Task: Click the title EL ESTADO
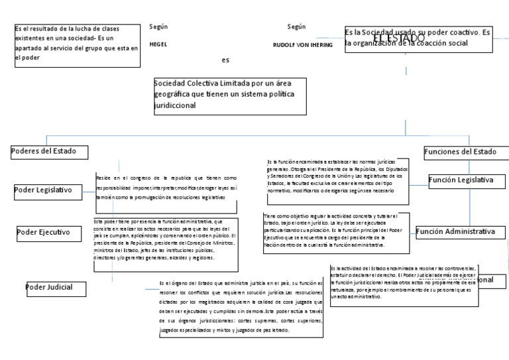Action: point(398,39)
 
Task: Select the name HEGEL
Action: point(159,43)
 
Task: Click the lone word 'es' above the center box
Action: point(226,60)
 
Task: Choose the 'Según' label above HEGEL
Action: point(159,27)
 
